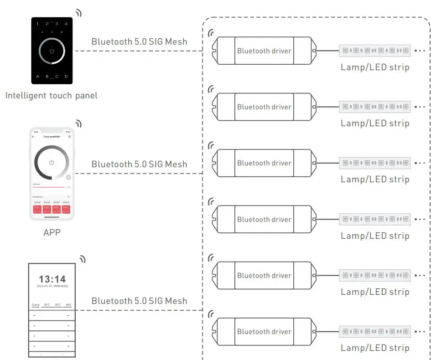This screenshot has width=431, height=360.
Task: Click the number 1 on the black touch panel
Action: pyautogui.click(x=37, y=23)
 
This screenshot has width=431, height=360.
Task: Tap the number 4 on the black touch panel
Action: pyautogui.click(x=66, y=23)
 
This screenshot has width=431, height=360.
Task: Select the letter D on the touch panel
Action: pyautogui.click(x=66, y=76)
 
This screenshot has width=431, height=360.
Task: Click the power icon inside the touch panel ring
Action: pyautogui.click(x=52, y=51)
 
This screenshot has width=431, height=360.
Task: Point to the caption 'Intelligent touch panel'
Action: pyautogui.click(x=51, y=95)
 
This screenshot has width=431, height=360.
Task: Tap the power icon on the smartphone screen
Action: pyautogui.click(x=52, y=162)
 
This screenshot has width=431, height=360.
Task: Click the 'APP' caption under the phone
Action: pyautogui.click(x=52, y=232)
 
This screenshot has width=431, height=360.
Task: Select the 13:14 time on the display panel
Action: pyautogui.click(x=52, y=279)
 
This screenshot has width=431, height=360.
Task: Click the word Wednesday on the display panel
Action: pyautogui.click(x=61, y=286)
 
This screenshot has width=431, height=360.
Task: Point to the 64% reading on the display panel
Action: pyautogui.click(x=68, y=304)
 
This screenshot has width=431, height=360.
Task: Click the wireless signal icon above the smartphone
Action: pyautogui.click(x=78, y=123)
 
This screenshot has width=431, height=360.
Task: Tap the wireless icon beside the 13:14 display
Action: pyautogui.click(x=82, y=259)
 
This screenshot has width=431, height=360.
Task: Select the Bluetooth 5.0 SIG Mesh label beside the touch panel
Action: pyautogui.click(x=139, y=41)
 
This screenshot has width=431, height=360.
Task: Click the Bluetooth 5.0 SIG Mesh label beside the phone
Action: pyautogui.click(x=139, y=164)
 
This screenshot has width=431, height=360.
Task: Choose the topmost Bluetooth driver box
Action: pyautogui.click(x=264, y=51)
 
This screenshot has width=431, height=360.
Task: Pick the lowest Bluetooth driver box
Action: pyautogui.click(x=264, y=331)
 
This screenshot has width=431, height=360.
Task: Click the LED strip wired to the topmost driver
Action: pyautogui.click(x=374, y=51)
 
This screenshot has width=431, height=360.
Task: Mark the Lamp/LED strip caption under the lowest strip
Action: pyautogui.click(x=374, y=348)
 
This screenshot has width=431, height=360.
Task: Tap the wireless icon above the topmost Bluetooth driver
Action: pyautogui.click(x=211, y=33)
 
